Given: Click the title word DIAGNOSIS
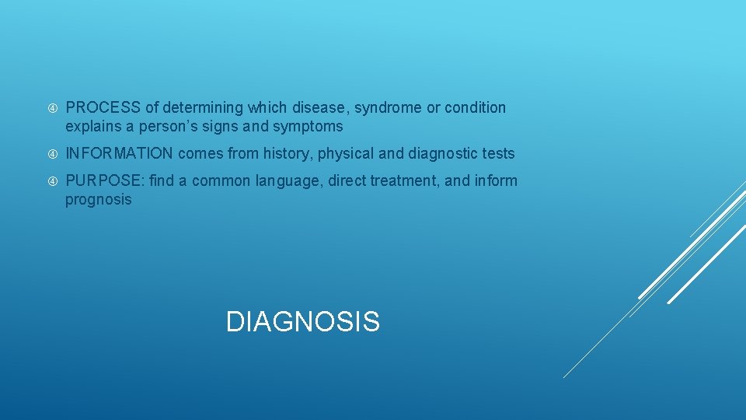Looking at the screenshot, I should (302, 321).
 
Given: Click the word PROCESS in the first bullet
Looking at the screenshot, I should (102, 107).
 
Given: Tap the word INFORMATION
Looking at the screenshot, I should (119, 154).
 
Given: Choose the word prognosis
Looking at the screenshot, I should (99, 200).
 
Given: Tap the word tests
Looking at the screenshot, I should (497, 154).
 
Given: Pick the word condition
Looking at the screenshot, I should (475, 107).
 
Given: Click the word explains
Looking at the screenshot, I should (92, 126).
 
